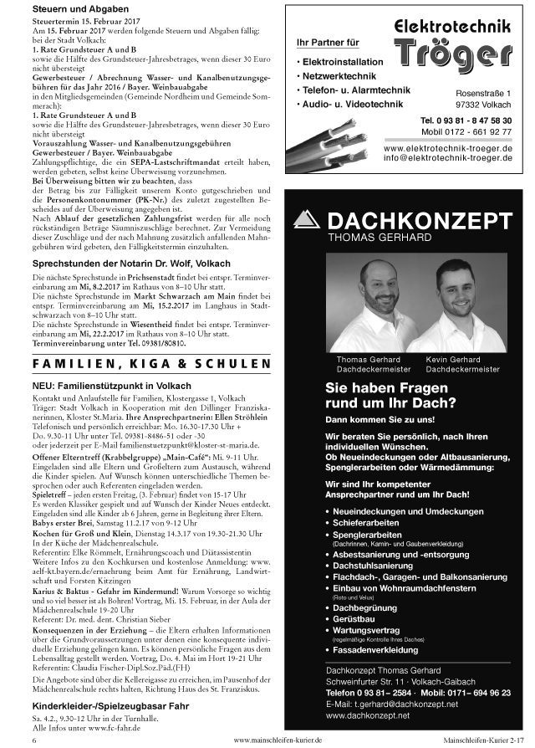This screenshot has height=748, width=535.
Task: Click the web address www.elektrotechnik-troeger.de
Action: [x=447, y=147]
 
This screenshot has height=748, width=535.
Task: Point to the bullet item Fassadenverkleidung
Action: [x=380, y=649]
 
